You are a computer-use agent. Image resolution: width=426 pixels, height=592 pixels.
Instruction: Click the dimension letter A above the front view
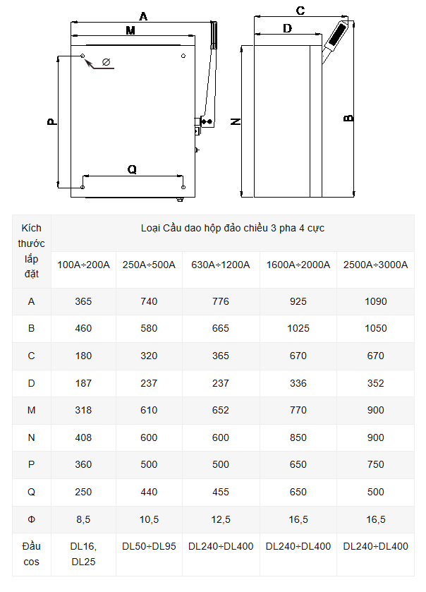coord(143,16)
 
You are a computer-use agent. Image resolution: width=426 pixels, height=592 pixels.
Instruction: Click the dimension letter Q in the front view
coord(132,169)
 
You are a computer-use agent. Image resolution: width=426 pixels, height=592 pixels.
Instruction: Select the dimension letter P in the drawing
coord(51,121)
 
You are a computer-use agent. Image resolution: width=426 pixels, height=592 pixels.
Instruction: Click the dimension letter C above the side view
coord(300,11)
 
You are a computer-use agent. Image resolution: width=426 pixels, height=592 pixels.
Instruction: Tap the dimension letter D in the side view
coord(287,28)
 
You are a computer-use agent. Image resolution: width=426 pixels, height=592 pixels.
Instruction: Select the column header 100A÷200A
coord(83,265)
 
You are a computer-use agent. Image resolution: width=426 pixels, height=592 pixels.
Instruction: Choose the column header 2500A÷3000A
coord(375,265)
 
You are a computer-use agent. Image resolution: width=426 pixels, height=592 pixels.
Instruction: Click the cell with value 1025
coord(298,329)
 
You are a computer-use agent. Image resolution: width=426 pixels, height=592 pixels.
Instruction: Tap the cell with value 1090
coord(375,301)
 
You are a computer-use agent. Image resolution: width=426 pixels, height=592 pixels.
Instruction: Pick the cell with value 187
coord(83,383)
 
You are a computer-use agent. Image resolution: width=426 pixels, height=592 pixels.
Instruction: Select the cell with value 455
coord(220,493)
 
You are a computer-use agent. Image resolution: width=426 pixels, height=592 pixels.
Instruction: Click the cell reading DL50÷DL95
coord(149,546)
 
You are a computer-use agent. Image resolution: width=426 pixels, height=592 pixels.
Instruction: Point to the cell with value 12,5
coord(220,520)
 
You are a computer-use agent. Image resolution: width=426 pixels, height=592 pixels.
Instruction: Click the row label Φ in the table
coord(31,520)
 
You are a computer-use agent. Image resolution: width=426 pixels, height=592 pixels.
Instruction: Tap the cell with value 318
coord(83,411)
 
